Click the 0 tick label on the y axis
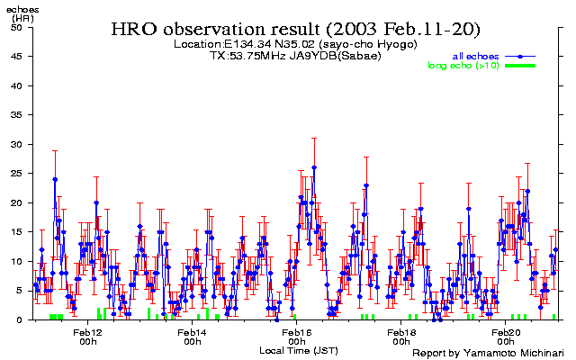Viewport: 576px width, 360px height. [21, 319]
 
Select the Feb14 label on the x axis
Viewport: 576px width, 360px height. [192, 332]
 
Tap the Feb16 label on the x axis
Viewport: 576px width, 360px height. [297, 332]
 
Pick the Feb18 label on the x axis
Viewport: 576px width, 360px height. [401, 332]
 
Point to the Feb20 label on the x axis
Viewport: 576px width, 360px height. [506, 332]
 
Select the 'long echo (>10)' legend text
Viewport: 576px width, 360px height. [463, 66]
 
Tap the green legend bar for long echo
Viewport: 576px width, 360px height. [519, 66]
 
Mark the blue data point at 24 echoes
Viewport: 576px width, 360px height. [55, 179]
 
